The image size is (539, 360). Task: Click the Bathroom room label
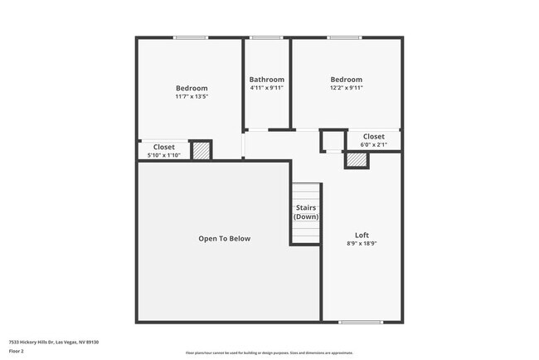[x=267, y=80]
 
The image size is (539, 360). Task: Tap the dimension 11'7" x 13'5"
[x=192, y=97]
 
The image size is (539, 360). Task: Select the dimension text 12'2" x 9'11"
[x=347, y=88]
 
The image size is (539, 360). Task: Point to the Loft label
[x=362, y=236]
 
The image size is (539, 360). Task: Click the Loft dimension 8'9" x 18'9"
[x=362, y=245]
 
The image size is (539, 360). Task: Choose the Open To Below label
[x=224, y=239]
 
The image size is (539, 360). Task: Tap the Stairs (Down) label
[x=306, y=212]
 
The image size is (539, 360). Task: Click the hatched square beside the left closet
[x=201, y=150]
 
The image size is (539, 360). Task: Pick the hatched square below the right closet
[x=357, y=159]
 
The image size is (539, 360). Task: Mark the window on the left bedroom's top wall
[x=191, y=37]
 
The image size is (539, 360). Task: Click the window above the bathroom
[x=267, y=37]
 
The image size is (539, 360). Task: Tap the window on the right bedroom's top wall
[x=343, y=37]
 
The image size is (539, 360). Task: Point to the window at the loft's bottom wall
[x=361, y=322]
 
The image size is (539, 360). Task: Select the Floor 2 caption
[x=17, y=350]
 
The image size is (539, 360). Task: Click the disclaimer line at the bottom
[x=269, y=353]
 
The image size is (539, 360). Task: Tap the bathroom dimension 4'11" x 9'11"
[x=267, y=88]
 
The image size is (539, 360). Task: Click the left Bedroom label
[x=192, y=88]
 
